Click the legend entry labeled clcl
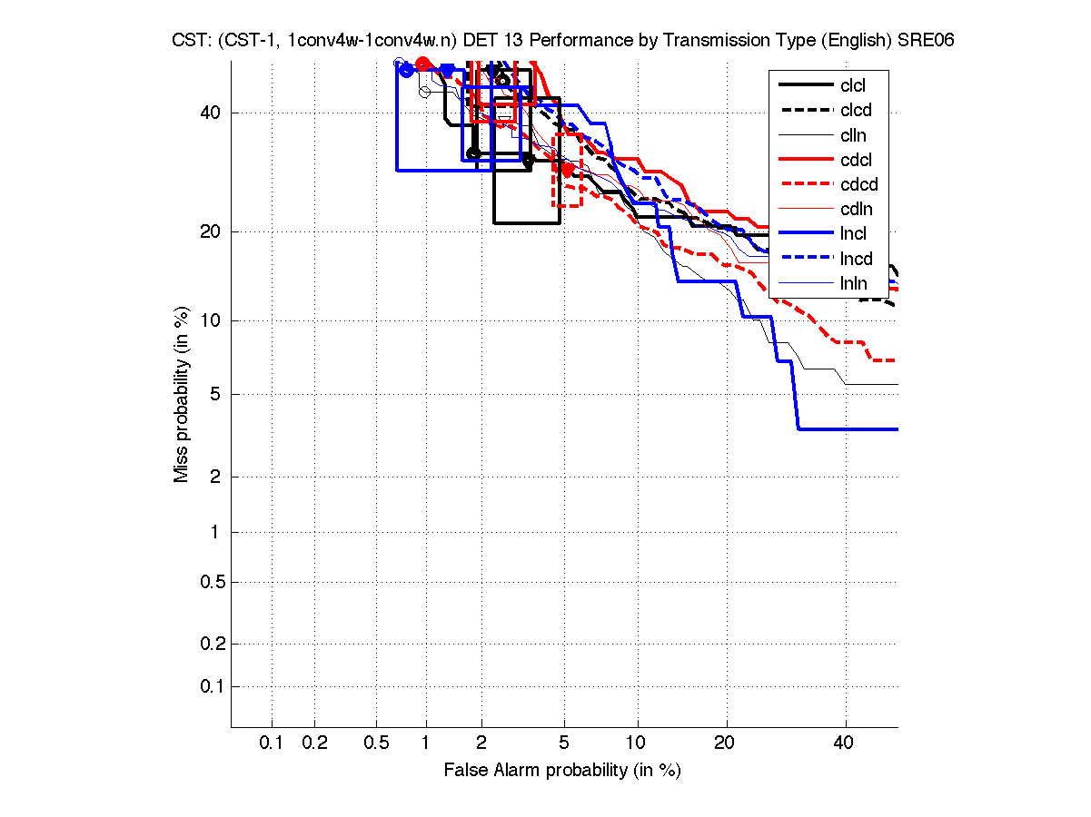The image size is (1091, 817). point(853,85)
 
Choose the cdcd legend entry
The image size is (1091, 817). point(858,185)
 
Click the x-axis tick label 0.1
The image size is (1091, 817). point(272,743)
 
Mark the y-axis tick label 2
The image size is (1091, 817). point(215,477)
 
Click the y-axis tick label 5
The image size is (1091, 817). point(215,394)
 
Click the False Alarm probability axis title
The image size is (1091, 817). point(562,771)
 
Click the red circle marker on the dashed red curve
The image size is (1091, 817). point(567,169)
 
